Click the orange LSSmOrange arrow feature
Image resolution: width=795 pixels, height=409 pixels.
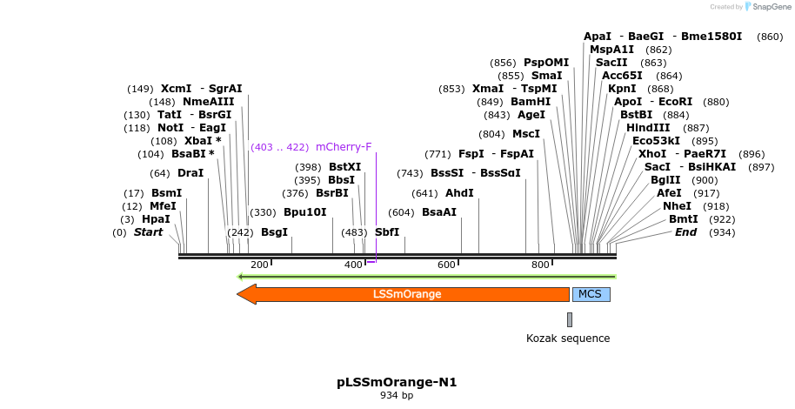click(x=406, y=294)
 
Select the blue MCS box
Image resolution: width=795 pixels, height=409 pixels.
click(x=590, y=294)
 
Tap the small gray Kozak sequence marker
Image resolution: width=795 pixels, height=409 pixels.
click(x=570, y=319)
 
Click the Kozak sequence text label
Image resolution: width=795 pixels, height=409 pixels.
click(x=568, y=339)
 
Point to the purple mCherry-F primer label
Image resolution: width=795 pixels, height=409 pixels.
click(x=344, y=147)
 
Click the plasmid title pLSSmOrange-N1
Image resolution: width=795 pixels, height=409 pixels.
click(x=397, y=382)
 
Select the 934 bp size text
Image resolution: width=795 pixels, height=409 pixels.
click(x=397, y=396)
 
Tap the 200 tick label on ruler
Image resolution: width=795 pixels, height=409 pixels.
click(x=259, y=265)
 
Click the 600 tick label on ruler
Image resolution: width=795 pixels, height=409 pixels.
click(x=446, y=265)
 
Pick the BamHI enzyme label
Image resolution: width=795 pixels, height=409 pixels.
click(x=529, y=102)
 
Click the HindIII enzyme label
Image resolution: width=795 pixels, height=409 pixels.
click(x=648, y=128)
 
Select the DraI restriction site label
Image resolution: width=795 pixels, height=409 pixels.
click(x=190, y=173)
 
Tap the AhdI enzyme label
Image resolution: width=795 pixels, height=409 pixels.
click(x=459, y=193)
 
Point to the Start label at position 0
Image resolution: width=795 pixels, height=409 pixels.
click(x=148, y=232)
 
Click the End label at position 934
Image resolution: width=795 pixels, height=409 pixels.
click(x=685, y=232)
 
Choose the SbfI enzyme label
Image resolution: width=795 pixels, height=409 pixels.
click(x=387, y=232)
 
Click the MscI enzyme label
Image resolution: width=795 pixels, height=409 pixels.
click(x=526, y=134)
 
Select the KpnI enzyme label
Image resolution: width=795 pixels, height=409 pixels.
click(x=622, y=89)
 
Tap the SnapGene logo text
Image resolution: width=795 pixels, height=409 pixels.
click(x=766, y=7)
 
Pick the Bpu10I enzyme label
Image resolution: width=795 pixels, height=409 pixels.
click(x=305, y=211)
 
